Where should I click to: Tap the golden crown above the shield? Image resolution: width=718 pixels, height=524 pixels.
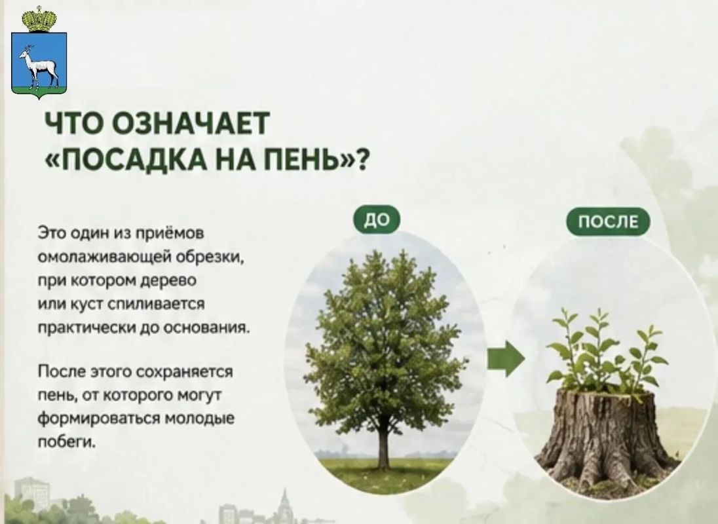coord(39,19)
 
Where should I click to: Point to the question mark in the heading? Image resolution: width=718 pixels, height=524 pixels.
coord(361,160)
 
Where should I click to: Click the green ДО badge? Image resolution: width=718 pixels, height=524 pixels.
coord(377,220)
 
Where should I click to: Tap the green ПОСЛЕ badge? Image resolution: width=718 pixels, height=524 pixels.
coord(608,221)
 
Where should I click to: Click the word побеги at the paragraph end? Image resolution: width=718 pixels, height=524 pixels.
coord(66,441)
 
